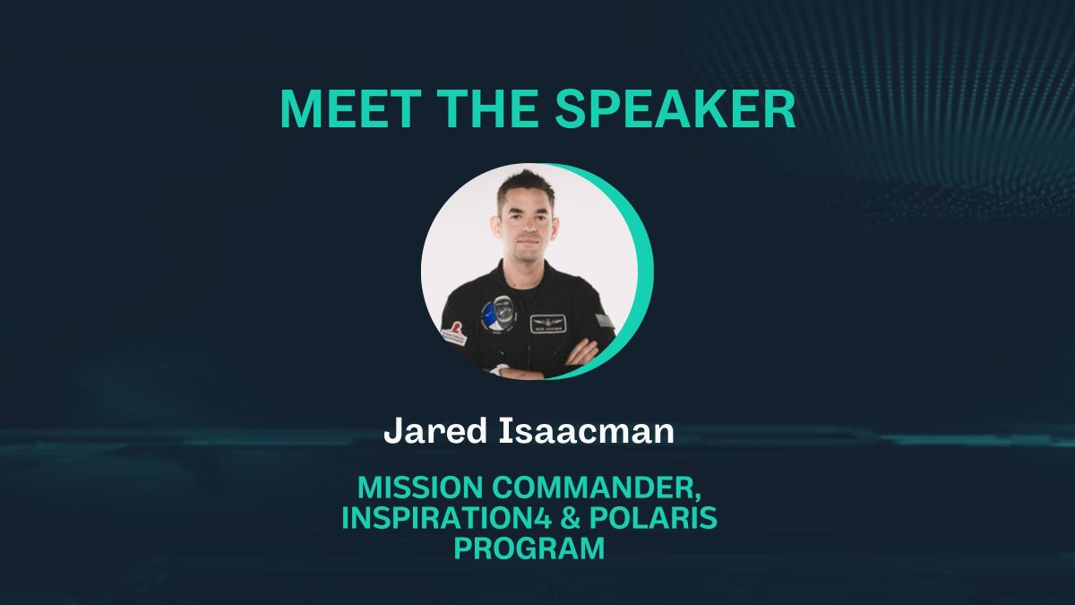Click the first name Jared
coord(426,433)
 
